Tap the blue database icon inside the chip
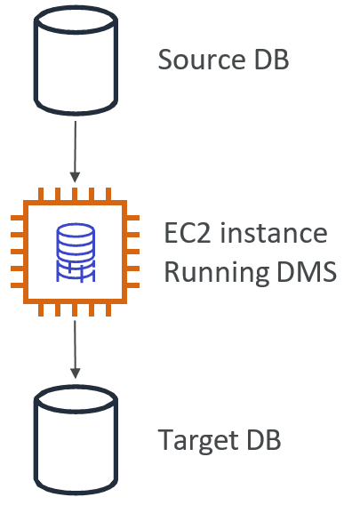coord(76,252)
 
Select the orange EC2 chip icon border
coord(26,252)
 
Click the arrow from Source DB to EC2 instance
coord(75,151)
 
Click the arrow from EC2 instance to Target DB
coord(75,349)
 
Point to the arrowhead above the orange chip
coord(75,177)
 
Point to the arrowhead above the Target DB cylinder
coord(75,373)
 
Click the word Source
coord(202,60)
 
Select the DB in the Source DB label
coord(272,60)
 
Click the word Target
coord(198,440)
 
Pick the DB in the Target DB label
coord(264,439)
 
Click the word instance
coord(274,233)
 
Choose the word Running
coord(217,272)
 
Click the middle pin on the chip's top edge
coord(75,194)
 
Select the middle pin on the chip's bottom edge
coord(75,309)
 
